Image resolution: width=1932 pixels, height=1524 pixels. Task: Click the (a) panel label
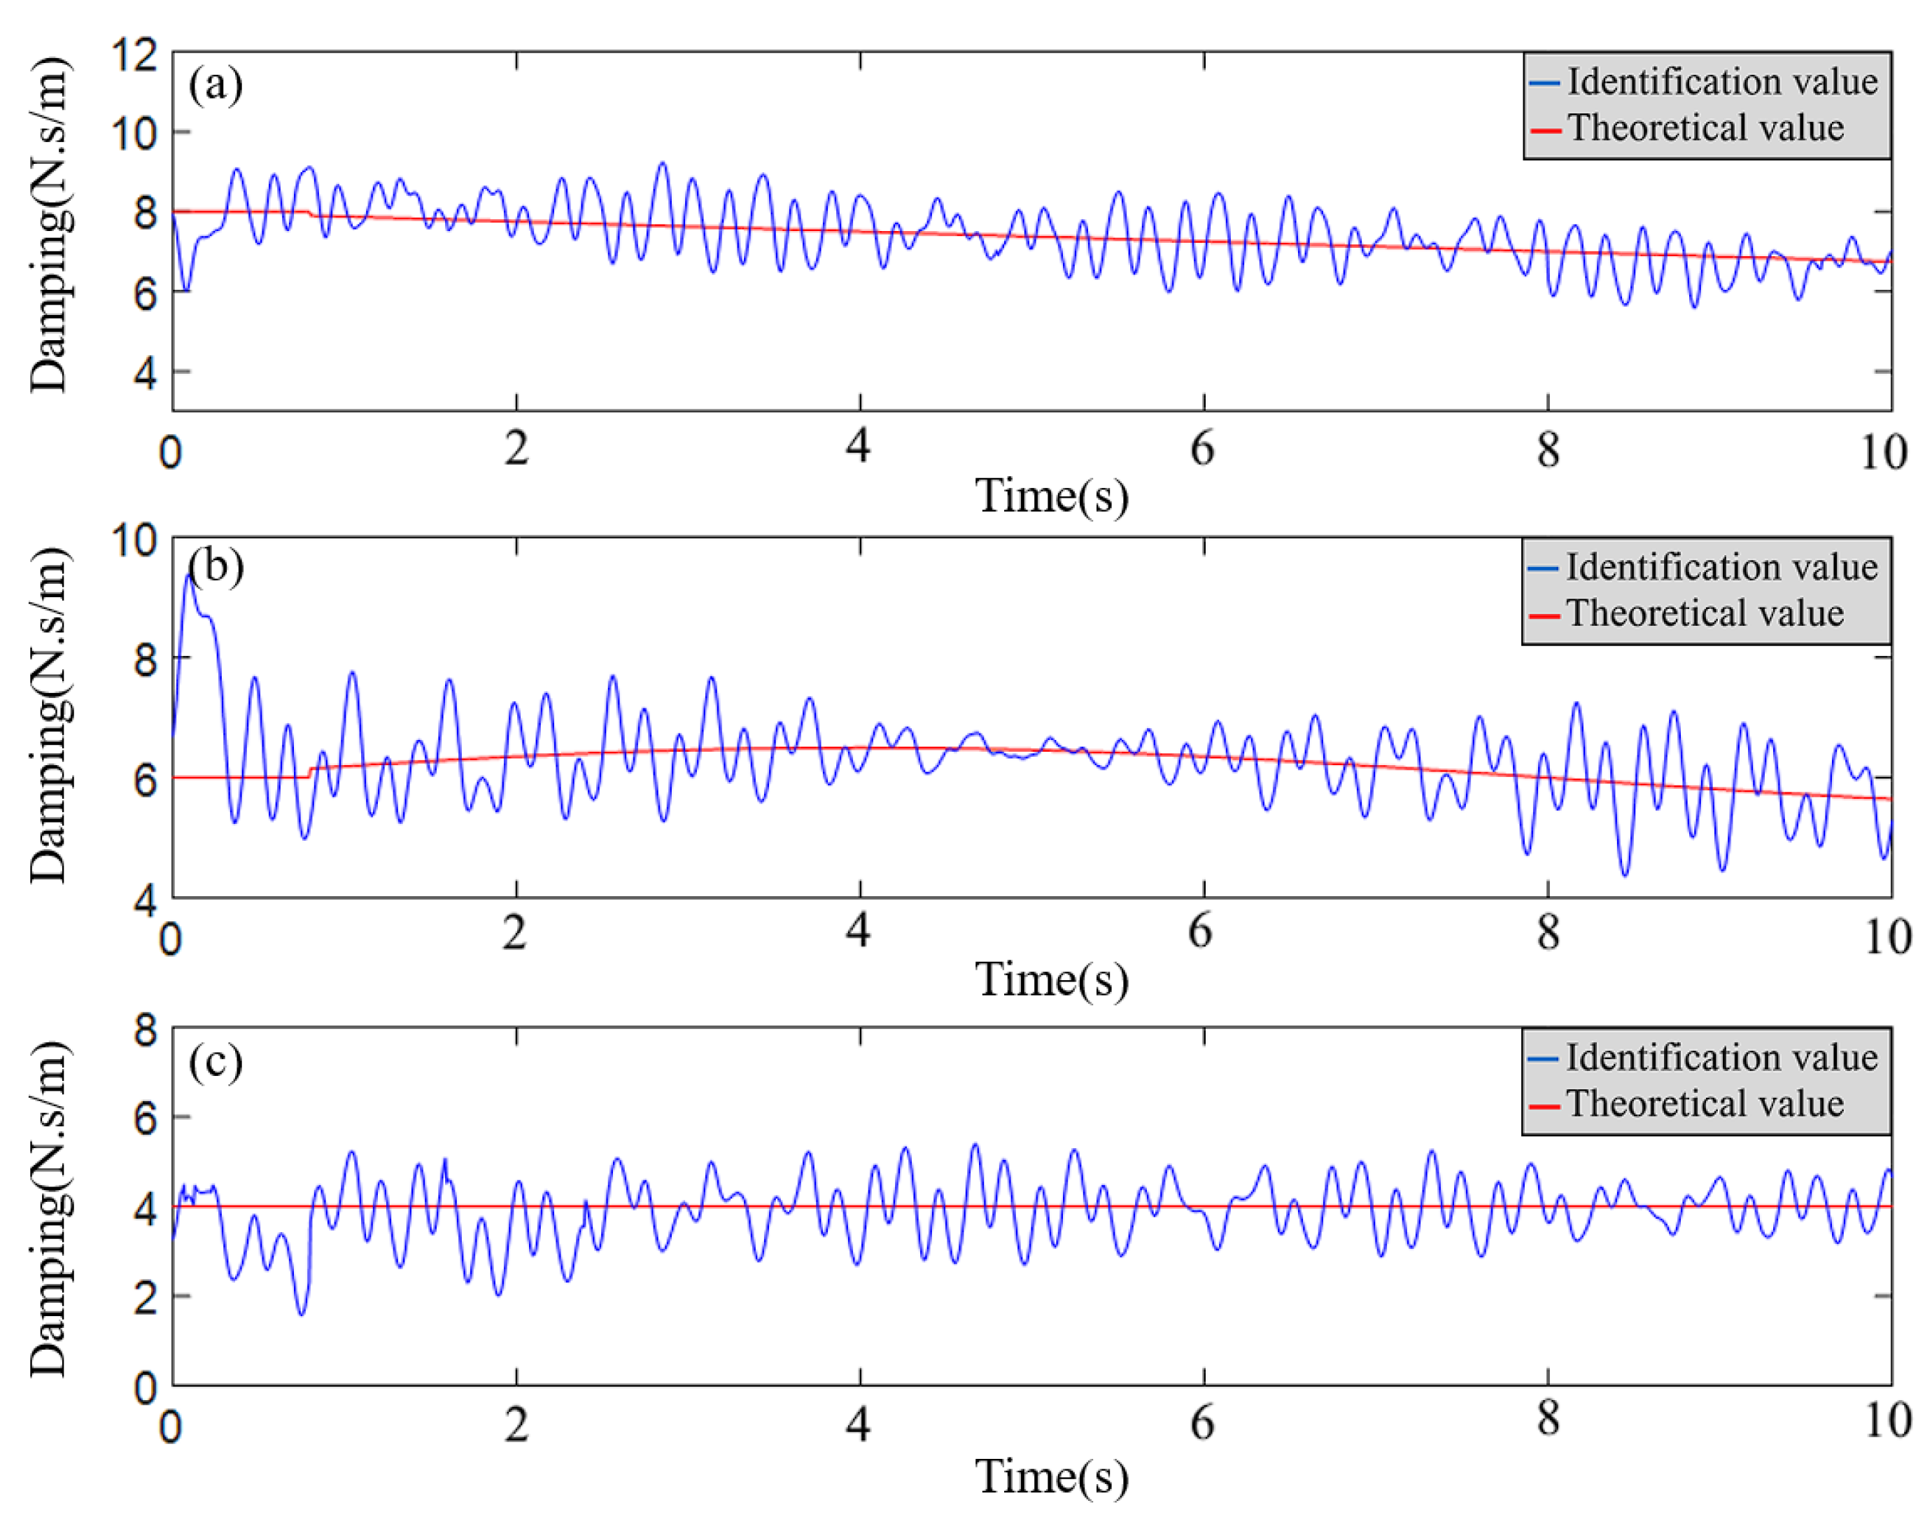pyautogui.click(x=215, y=85)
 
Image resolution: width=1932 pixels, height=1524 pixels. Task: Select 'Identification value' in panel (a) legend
pyautogui.click(x=1721, y=82)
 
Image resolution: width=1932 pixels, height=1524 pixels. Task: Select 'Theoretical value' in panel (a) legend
pyautogui.click(x=1705, y=129)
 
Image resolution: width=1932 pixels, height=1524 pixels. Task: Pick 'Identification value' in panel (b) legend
pyautogui.click(x=1721, y=568)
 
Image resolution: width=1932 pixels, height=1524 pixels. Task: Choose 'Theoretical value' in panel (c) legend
pyautogui.click(x=1705, y=1104)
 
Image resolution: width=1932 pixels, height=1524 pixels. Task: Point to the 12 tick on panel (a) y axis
pyautogui.click(x=134, y=55)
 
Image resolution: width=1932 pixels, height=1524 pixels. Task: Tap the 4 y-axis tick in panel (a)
pyautogui.click(x=146, y=373)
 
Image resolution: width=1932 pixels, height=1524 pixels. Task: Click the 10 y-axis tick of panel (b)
pyautogui.click(x=134, y=540)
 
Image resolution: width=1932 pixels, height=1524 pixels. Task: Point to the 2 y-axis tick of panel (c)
pyautogui.click(x=146, y=1297)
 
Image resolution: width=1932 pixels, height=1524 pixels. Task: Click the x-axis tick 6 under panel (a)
pyautogui.click(x=1202, y=449)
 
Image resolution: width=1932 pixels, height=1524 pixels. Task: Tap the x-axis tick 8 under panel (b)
pyautogui.click(x=1548, y=933)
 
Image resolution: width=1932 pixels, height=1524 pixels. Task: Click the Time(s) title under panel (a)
pyautogui.click(x=1052, y=496)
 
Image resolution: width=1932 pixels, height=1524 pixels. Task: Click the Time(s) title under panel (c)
pyautogui.click(x=1052, y=1476)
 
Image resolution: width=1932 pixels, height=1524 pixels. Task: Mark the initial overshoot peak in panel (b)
pyautogui.click(x=188, y=575)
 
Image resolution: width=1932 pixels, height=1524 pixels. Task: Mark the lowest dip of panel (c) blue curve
pyautogui.click(x=302, y=1313)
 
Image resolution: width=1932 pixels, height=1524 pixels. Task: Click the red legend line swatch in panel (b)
pyautogui.click(x=1545, y=615)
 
